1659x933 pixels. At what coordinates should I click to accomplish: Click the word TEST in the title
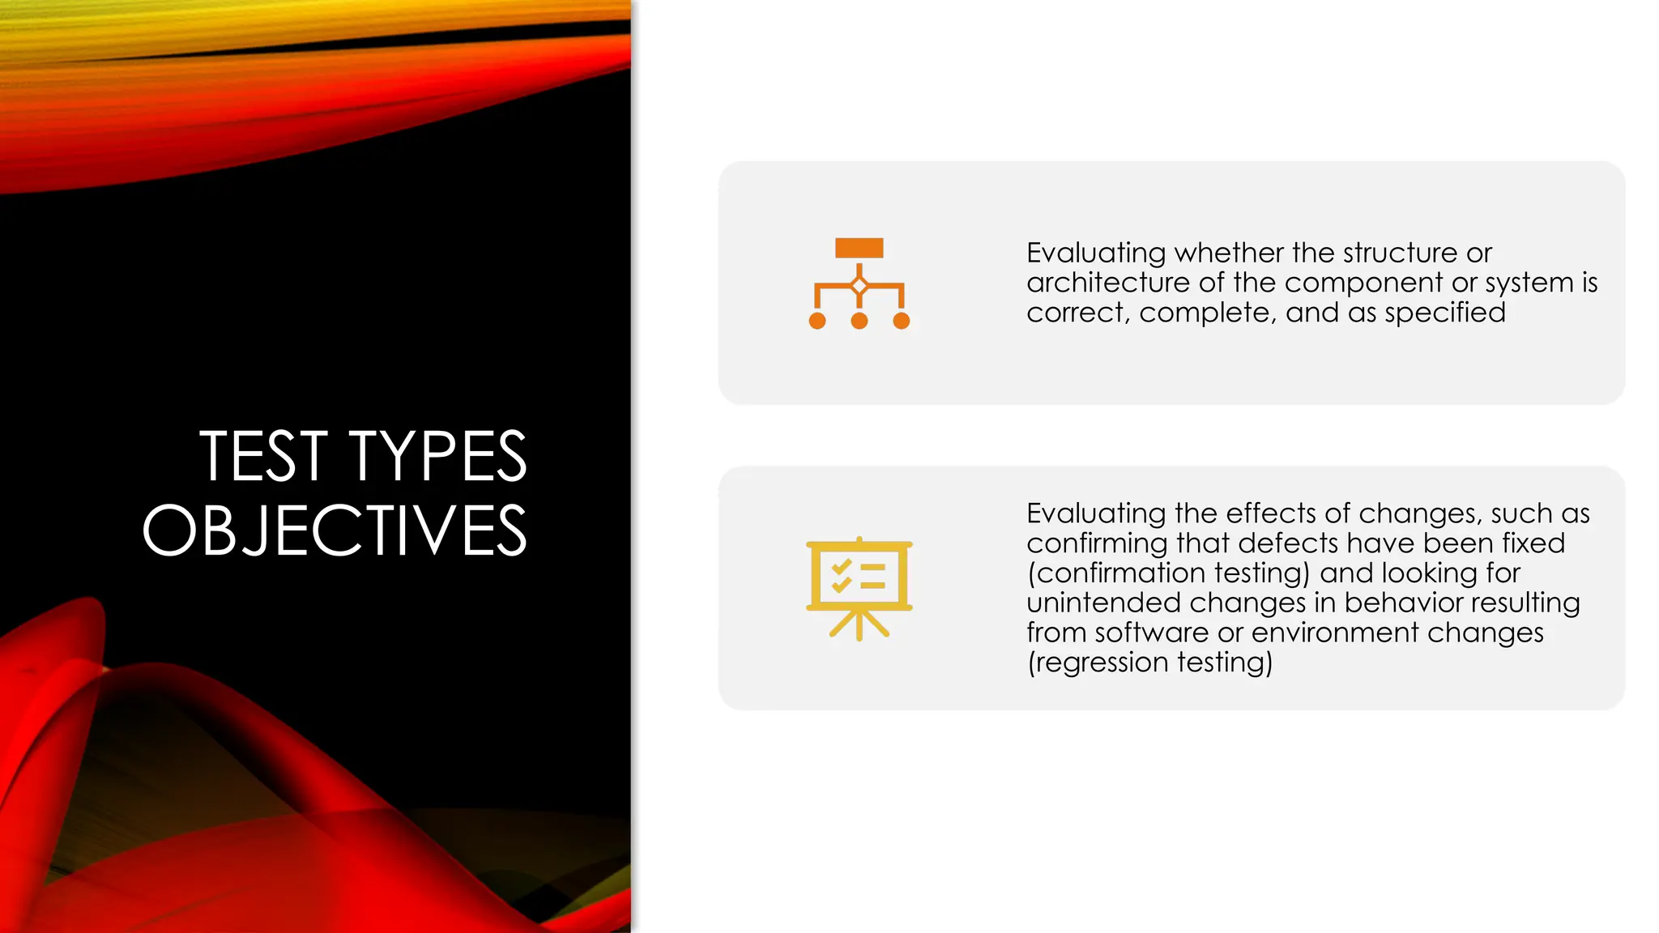click(x=263, y=457)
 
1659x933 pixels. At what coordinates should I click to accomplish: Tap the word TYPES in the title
click(x=437, y=457)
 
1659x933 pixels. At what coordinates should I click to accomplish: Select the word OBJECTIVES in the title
click(x=335, y=530)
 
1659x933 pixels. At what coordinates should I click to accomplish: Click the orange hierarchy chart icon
click(x=859, y=283)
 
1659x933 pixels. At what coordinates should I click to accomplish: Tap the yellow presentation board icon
click(x=859, y=588)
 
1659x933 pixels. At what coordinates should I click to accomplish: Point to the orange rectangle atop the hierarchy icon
click(x=859, y=248)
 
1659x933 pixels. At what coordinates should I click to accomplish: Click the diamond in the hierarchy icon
click(x=859, y=286)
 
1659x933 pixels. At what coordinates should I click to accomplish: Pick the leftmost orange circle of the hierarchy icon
click(x=817, y=321)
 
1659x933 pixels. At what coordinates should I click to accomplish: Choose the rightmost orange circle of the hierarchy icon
click(x=901, y=321)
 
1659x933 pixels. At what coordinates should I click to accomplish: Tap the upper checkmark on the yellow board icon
click(x=841, y=567)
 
